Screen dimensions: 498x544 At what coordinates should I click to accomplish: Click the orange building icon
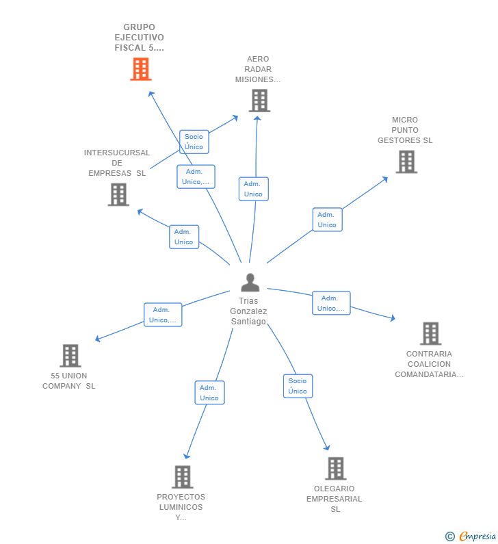click(x=141, y=69)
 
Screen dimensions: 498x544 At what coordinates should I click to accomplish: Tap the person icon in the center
click(x=250, y=283)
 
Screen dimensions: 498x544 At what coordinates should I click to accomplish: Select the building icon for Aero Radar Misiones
click(x=259, y=101)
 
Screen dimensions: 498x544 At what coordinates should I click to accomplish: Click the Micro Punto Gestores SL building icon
click(x=406, y=161)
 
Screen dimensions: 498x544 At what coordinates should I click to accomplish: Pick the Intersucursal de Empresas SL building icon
click(x=118, y=194)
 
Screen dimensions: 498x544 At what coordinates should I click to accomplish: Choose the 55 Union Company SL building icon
click(x=70, y=356)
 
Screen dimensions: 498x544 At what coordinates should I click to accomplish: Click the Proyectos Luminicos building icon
click(x=183, y=477)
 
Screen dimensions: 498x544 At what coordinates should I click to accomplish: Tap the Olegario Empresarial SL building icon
click(x=336, y=468)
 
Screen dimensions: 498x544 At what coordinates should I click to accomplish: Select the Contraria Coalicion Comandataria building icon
click(x=431, y=333)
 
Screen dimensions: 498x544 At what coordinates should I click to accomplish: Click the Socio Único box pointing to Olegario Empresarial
click(x=298, y=386)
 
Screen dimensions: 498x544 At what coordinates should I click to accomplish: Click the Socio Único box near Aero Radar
click(x=194, y=142)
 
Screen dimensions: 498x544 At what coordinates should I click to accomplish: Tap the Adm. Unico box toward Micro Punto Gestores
click(x=327, y=220)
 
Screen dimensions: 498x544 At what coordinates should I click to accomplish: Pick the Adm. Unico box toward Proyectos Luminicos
click(x=209, y=393)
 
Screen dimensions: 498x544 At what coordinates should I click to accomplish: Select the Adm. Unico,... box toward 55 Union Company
click(x=163, y=315)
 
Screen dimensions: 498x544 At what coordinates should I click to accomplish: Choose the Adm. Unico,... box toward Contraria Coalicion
click(x=331, y=303)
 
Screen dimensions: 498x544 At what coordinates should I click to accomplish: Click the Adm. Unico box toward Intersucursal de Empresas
click(x=184, y=237)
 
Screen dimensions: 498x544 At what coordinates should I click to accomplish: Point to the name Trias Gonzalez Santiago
click(x=248, y=311)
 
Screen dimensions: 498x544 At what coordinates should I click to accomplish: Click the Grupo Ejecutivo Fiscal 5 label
click(x=140, y=38)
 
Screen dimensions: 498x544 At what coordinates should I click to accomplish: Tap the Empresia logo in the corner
click(x=471, y=536)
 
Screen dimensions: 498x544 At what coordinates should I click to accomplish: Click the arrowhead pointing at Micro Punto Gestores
click(x=385, y=179)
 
